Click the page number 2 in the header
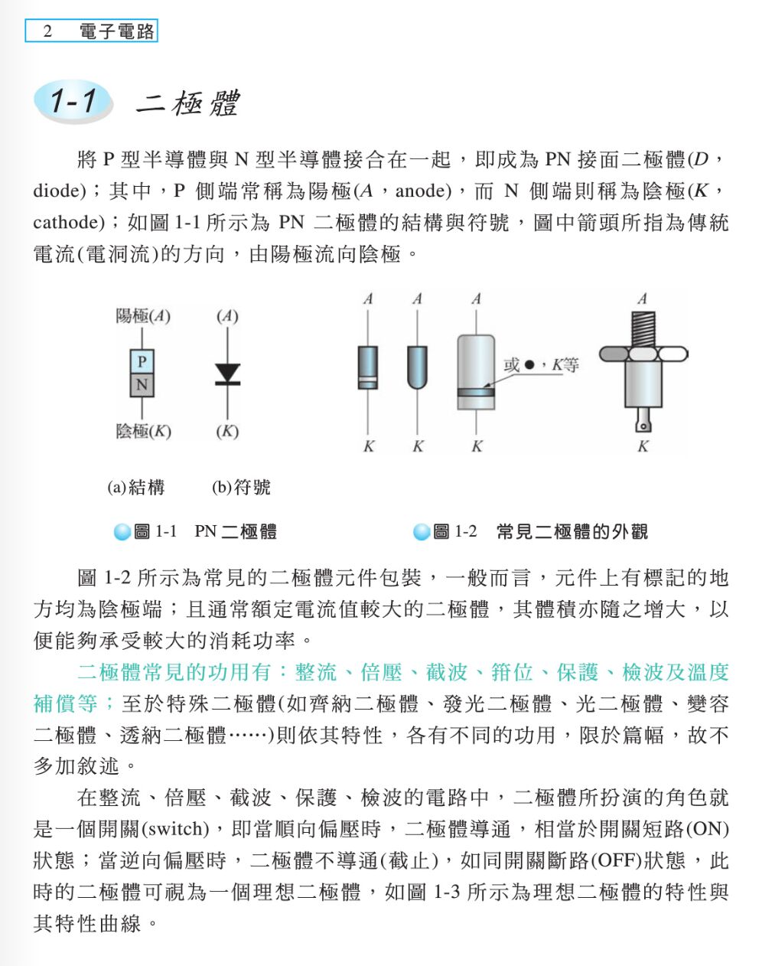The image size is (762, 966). [x=47, y=31]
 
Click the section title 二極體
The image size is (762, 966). [x=188, y=103]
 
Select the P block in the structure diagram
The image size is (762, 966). [x=142, y=361]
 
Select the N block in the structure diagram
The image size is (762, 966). [x=142, y=384]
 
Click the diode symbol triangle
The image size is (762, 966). [x=227, y=373]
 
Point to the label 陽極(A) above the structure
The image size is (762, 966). [x=143, y=315]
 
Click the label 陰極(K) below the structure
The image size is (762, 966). [x=144, y=431]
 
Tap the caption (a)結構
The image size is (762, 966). [x=136, y=487]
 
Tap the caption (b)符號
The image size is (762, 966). [x=241, y=487]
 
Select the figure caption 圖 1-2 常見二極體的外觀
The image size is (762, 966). [x=540, y=531]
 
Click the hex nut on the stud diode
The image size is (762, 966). [x=643, y=354]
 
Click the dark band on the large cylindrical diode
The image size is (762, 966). [x=476, y=393]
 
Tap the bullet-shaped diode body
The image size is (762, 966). [x=417, y=367]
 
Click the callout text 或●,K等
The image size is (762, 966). [x=541, y=364]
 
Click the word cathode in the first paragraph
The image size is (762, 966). [x=66, y=223]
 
